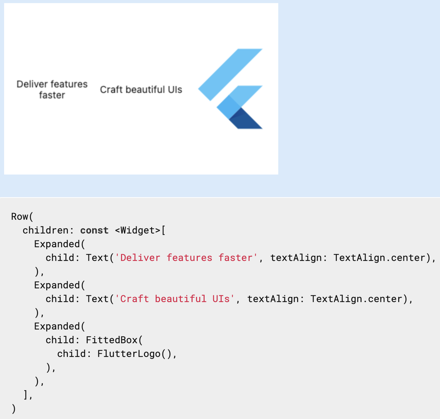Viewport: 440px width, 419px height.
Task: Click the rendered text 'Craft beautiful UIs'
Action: (x=141, y=89)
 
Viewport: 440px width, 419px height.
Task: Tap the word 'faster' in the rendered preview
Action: (x=52, y=95)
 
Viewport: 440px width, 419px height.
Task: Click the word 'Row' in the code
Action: (x=20, y=217)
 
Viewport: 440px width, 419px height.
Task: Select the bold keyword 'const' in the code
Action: (x=94, y=230)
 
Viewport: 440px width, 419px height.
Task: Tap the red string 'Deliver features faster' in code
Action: (x=186, y=258)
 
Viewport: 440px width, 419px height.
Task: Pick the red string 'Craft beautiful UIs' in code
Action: (x=175, y=299)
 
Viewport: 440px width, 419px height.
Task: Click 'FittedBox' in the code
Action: (x=112, y=340)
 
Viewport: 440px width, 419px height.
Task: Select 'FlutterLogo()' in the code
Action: (x=134, y=354)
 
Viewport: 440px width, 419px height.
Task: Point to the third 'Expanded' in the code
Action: (x=57, y=326)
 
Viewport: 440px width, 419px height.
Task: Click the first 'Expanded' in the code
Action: (x=57, y=244)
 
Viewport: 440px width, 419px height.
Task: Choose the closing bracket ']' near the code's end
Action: (x=25, y=395)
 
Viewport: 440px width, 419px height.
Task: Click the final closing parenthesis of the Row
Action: (x=14, y=409)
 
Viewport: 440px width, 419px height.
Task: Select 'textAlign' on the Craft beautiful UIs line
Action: (x=273, y=299)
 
